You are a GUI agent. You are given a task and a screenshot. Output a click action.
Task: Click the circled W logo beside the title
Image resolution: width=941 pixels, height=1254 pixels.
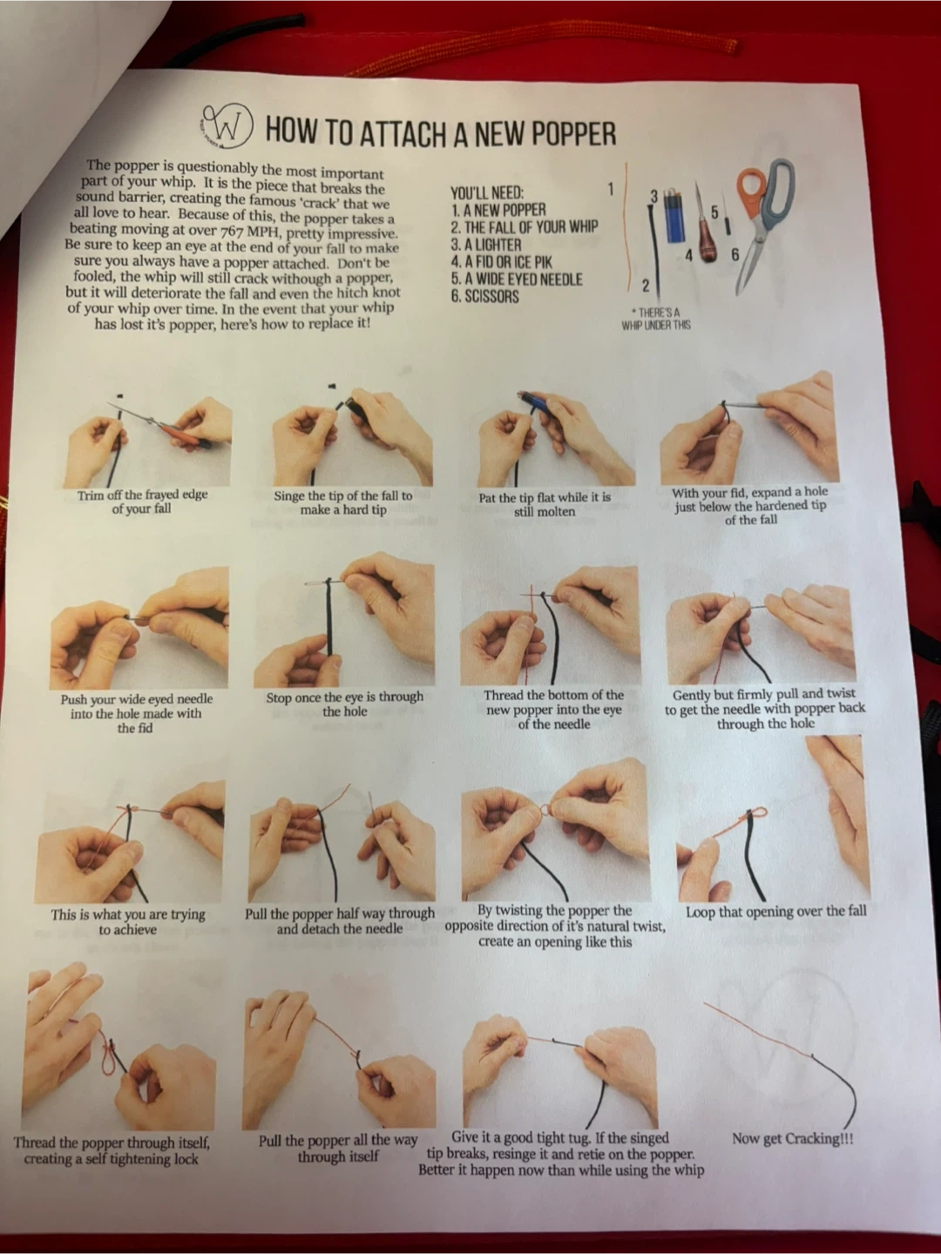[227, 127]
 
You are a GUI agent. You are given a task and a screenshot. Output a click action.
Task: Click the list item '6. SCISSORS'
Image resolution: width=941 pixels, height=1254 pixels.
[484, 296]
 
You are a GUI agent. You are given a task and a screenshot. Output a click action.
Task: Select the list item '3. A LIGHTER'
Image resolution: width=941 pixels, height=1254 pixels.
[485, 245]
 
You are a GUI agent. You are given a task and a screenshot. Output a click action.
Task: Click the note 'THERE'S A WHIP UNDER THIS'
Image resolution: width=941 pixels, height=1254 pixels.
[656, 319]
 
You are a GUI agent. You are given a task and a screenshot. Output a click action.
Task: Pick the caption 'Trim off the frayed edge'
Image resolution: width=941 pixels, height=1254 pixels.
[142, 494]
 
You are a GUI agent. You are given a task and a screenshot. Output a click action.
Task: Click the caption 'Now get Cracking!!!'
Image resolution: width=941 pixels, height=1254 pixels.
[793, 1138]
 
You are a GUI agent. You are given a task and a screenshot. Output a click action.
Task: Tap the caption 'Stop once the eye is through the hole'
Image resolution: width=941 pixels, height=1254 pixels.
[344, 704]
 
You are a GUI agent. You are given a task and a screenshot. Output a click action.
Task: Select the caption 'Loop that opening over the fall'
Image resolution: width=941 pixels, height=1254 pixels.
[775, 911]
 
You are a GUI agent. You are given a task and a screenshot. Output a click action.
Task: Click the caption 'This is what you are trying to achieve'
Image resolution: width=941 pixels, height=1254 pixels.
[128, 921]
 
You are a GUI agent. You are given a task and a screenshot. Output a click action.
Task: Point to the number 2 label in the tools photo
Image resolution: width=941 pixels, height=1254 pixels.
[645, 286]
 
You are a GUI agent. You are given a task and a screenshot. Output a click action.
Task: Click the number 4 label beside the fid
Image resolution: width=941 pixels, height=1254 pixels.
[689, 256]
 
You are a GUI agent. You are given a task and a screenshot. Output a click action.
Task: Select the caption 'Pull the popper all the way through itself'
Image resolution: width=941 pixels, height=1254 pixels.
[338, 1148]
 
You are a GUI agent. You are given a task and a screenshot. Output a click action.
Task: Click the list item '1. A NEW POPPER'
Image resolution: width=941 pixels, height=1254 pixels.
[498, 210]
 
